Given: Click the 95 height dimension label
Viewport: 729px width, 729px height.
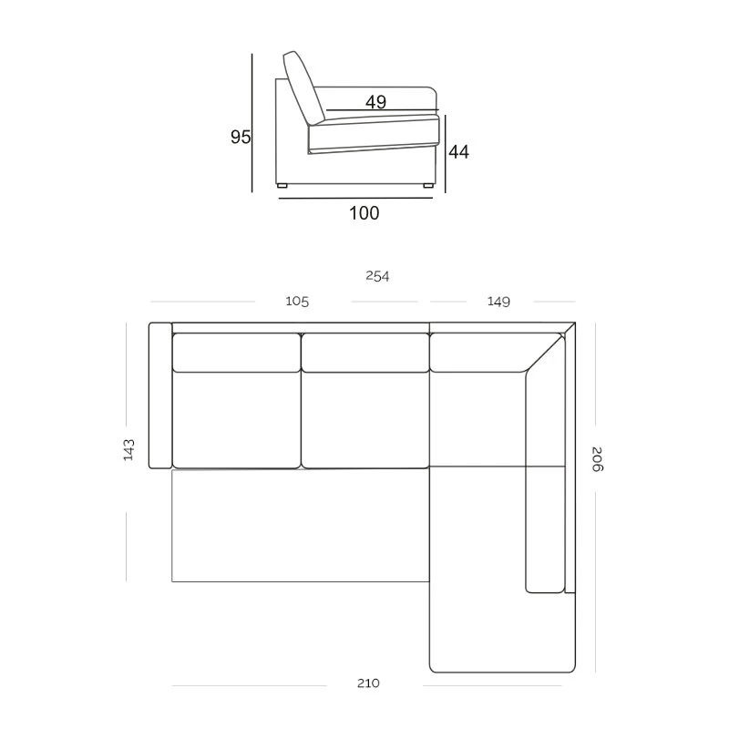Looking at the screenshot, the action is pyautogui.click(x=241, y=137).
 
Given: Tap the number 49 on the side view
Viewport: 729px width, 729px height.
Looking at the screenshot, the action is pyautogui.click(x=375, y=102).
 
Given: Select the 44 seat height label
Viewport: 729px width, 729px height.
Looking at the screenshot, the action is pyautogui.click(x=459, y=152).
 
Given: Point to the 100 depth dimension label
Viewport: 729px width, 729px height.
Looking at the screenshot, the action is pyautogui.click(x=364, y=213).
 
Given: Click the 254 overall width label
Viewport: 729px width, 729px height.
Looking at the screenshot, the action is pyautogui.click(x=377, y=276).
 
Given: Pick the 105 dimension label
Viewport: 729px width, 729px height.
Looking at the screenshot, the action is pyautogui.click(x=297, y=302).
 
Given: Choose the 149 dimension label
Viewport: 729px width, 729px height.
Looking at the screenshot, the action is pyautogui.click(x=498, y=302).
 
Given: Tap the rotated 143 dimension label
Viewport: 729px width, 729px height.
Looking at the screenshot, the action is pyautogui.click(x=128, y=449).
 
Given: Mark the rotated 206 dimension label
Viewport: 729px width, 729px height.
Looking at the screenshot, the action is pyautogui.click(x=597, y=459).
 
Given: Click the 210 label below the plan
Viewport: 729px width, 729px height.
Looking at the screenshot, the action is pyautogui.click(x=368, y=683).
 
